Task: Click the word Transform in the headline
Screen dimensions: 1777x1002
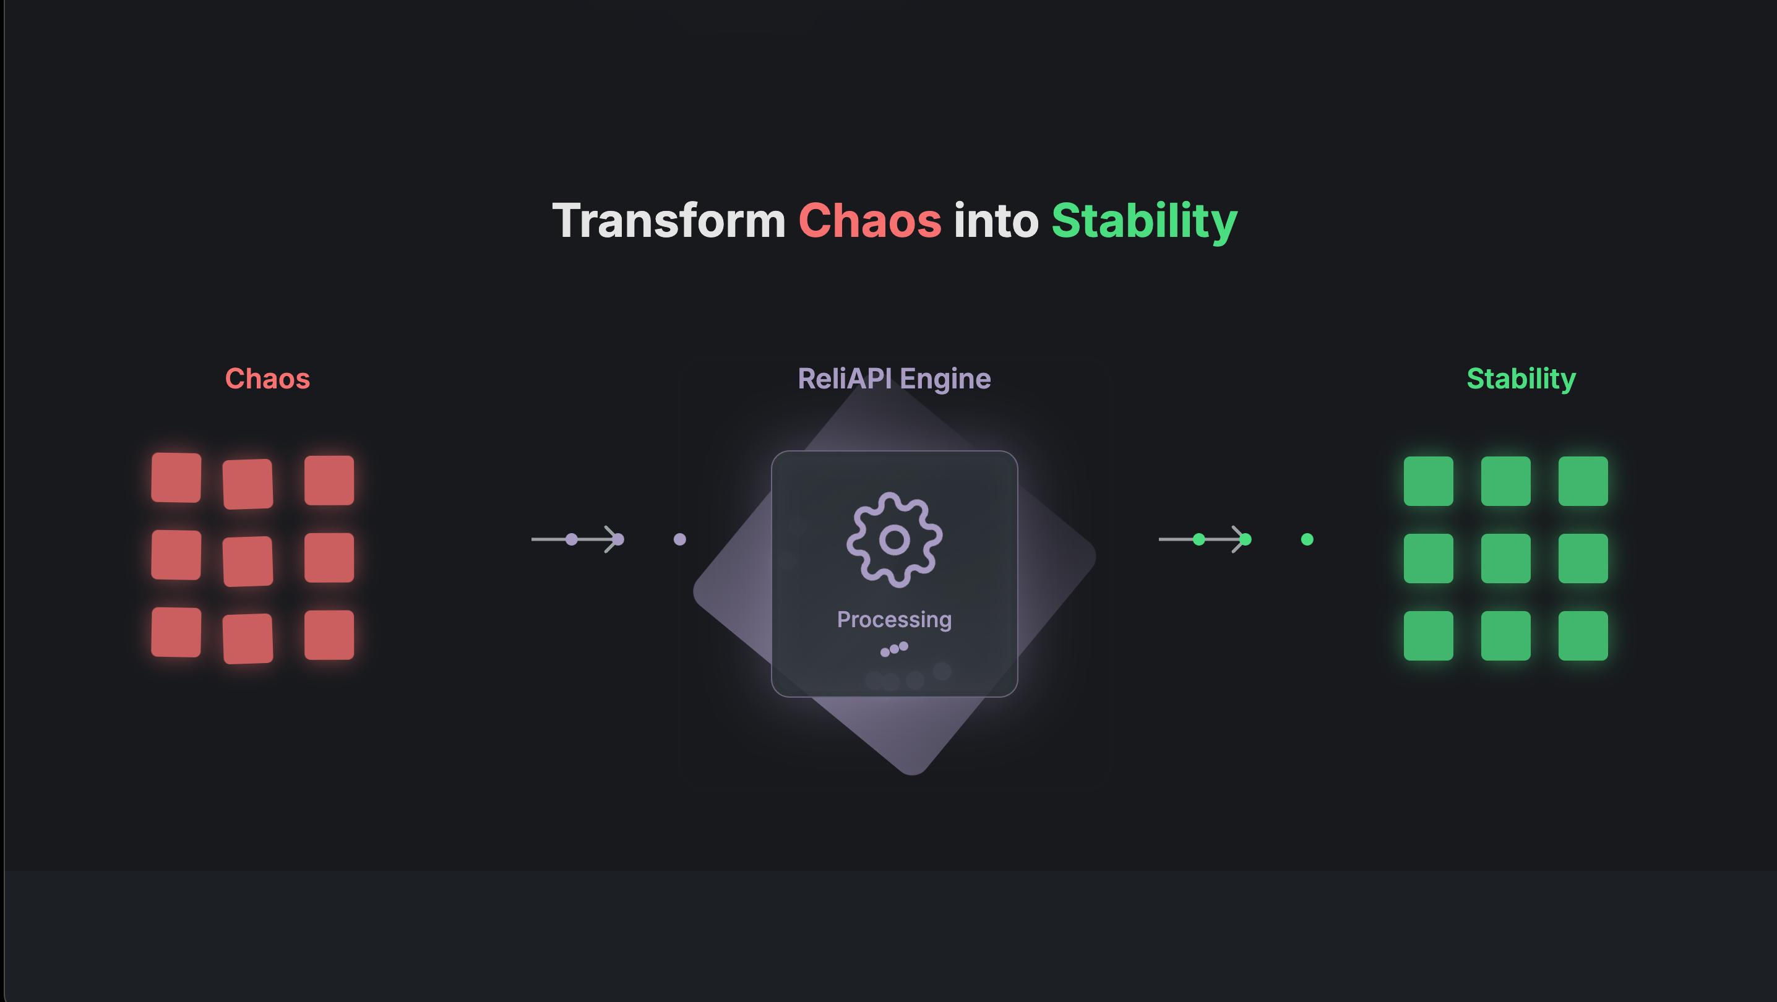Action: coord(668,221)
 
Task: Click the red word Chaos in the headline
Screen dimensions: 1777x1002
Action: coord(870,221)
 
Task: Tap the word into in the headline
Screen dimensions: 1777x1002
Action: coord(996,221)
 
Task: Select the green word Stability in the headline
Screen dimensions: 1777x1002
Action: coord(1145,222)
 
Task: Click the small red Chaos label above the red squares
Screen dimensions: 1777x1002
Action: coord(268,379)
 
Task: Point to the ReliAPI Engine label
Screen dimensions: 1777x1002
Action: coord(894,379)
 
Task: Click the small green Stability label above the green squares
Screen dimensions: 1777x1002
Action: coord(1521,379)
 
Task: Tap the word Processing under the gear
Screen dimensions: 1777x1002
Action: coord(894,619)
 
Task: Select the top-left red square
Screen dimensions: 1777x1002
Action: coord(176,477)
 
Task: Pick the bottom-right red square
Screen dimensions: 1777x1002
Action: coord(329,635)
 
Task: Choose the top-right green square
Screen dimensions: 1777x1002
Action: coord(1583,481)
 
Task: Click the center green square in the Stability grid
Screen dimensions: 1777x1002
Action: coord(1506,558)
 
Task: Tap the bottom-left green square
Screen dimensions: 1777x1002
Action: coord(1429,635)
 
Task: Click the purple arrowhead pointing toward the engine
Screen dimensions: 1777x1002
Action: coord(613,539)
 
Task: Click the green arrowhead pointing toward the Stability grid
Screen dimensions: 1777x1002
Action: coord(1241,539)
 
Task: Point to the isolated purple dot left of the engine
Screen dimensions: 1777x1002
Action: coord(679,539)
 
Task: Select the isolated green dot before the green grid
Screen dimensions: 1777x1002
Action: coord(1307,539)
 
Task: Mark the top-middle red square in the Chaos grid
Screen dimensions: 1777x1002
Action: coord(247,484)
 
